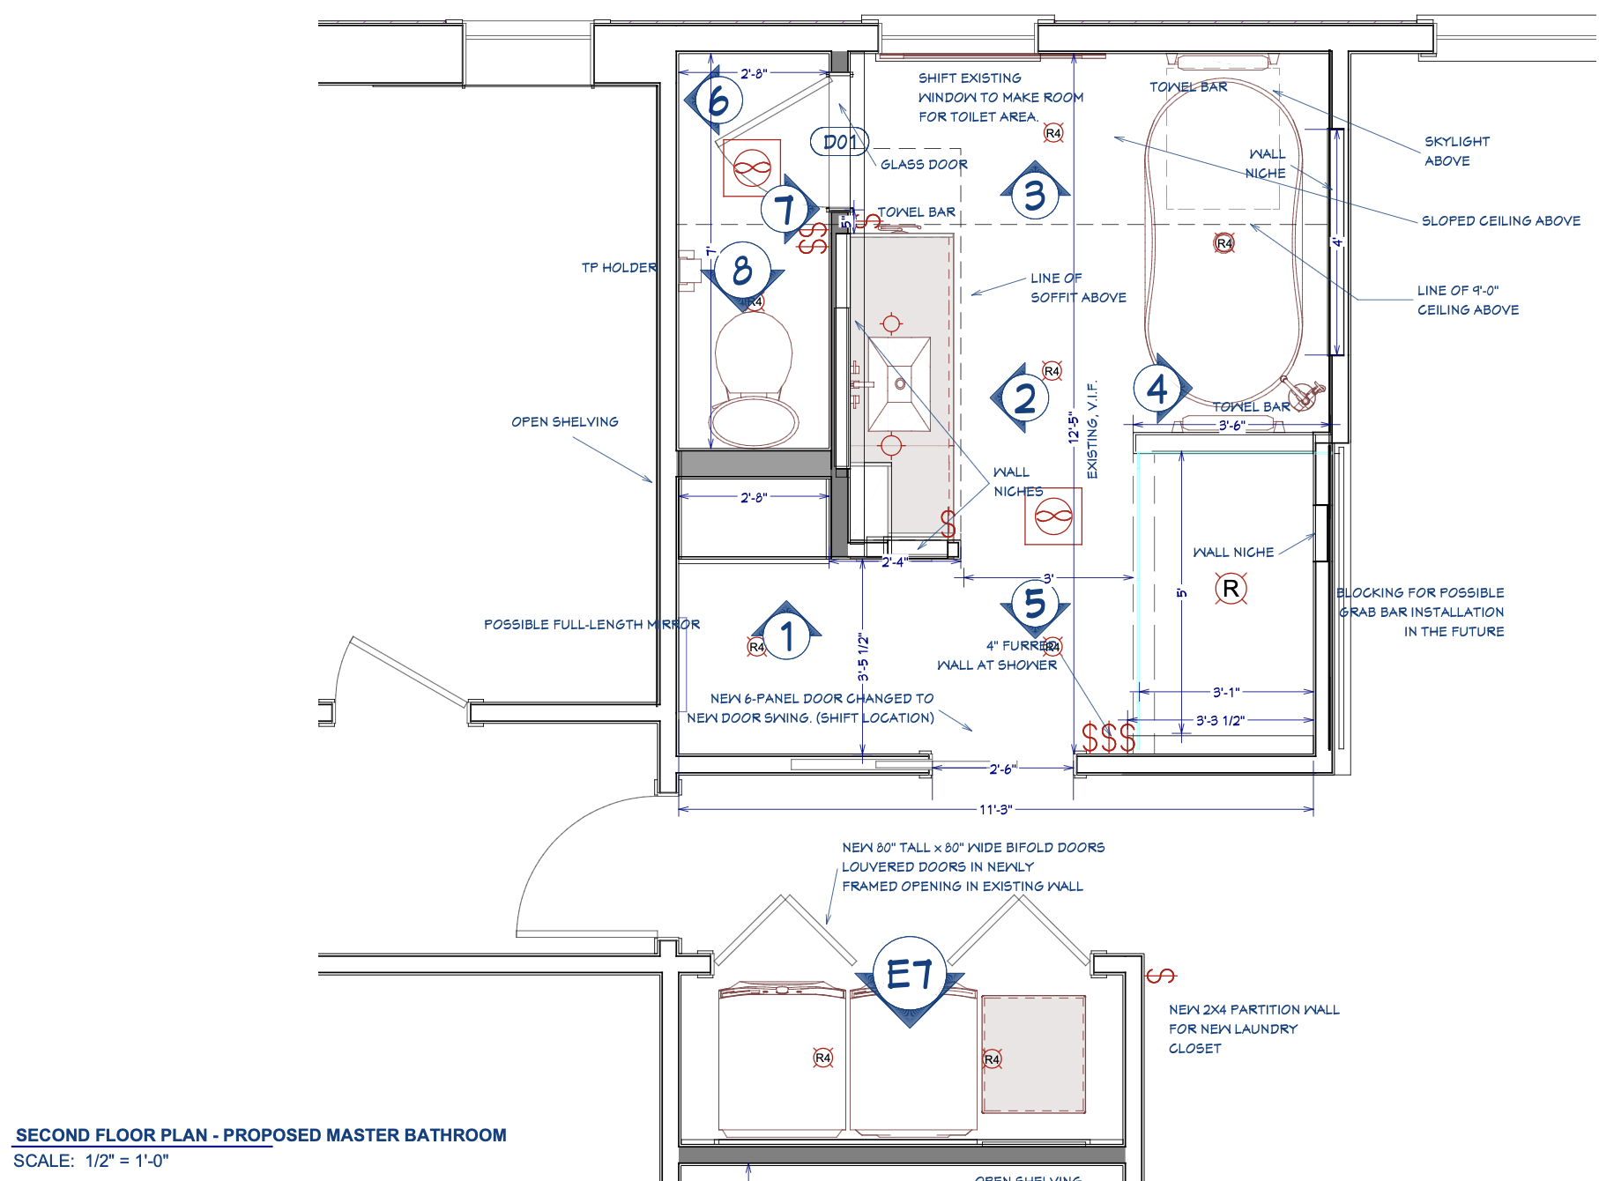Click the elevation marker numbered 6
717,100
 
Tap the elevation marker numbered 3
1035,195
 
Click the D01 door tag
839,142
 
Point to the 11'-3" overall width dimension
996,809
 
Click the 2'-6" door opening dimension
1003,769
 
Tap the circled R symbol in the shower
1231,588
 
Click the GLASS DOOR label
924,164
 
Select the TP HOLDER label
619,267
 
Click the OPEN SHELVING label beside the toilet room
565,421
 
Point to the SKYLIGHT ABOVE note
1456,151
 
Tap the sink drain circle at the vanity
900,383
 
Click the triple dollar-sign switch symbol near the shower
1108,738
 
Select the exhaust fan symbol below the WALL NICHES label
1053,516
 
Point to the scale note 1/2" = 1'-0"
127,1161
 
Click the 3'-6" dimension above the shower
1231,426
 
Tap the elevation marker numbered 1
787,635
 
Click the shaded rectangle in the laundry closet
1033,1054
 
